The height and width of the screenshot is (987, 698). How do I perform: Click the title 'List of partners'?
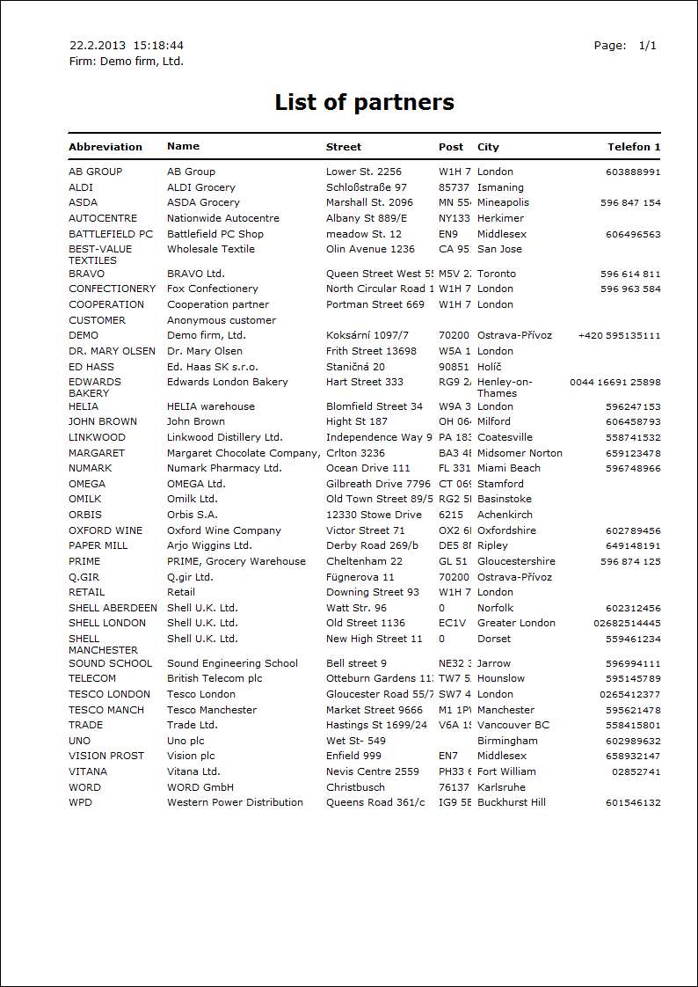[364, 102]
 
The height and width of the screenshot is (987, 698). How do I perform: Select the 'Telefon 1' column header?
[634, 147]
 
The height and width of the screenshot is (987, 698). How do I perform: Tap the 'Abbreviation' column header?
[105, 147]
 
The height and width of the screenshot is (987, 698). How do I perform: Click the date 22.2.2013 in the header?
[98, 46]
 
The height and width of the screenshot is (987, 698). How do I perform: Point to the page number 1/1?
[648, 46]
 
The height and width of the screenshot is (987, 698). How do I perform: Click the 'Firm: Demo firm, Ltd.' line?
[126, 62]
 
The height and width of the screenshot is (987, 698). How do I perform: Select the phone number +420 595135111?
[619, 335]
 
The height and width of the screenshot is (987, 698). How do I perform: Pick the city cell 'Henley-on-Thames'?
[505, 388]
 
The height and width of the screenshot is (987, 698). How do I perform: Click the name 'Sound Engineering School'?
[232, 663]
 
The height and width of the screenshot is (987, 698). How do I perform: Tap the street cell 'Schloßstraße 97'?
[367, 187]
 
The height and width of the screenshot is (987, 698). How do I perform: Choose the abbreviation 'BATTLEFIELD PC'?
[111, 234]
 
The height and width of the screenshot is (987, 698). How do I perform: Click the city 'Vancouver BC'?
[513, 725]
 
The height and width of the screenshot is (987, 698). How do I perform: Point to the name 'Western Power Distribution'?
[235, 802]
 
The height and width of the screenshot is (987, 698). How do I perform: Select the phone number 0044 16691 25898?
[615, 383]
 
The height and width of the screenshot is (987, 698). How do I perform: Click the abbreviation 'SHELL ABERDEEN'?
[113, 608]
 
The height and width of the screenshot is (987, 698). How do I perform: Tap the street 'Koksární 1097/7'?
[367, 335]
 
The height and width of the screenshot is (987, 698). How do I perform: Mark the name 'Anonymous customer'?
[222, 320]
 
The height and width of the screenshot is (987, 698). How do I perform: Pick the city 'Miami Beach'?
[509, 468]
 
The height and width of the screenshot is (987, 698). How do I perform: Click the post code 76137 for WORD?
[454, 787]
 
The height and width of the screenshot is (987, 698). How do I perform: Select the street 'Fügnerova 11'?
[360, 577]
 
